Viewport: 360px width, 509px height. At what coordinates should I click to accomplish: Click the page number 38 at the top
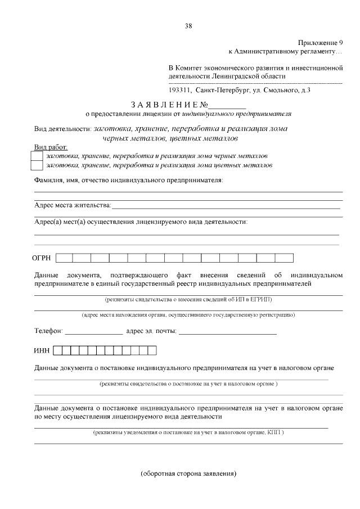point(188,25)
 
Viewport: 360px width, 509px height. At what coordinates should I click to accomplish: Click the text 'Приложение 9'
point(320,43)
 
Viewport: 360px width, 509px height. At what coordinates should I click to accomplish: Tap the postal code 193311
point(179,89)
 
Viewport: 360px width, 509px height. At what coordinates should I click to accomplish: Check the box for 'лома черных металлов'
point(37,155)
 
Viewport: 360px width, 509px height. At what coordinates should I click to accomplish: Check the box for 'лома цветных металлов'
point(37,165)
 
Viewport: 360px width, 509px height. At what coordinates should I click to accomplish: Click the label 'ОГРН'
point(43,258)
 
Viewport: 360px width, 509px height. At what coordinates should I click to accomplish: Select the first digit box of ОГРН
point(64,258)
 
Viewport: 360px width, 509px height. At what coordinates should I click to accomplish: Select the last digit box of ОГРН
point(285,258)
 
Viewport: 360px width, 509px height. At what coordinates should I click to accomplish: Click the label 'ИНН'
point(42,351)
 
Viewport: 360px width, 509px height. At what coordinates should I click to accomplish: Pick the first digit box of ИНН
point(57,351)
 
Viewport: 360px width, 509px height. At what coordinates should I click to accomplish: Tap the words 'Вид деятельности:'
point(62,128)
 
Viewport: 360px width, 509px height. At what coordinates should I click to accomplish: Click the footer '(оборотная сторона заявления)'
point(188,474)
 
